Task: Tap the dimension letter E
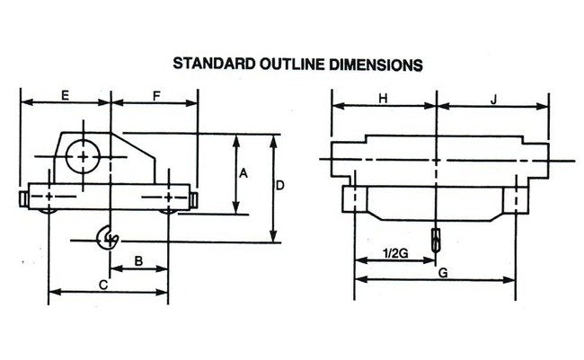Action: pos(66,93)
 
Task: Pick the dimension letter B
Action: pos(138,260)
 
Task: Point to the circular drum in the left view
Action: pos(84,155)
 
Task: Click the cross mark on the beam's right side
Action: pos(169,196)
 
